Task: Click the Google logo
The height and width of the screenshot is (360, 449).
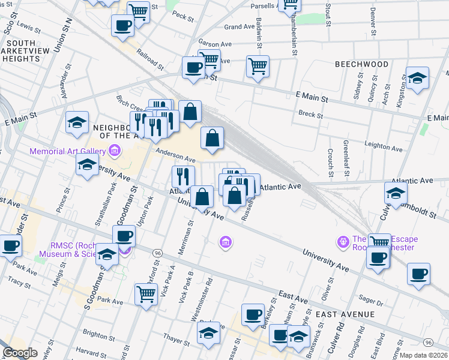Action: (x=20, y=353)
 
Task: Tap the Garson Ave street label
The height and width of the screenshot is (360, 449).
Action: (x=215, y=44)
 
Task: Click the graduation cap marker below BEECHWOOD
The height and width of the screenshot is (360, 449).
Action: (x=417, y=79)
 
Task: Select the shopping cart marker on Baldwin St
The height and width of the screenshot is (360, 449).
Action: (x=258, y=67)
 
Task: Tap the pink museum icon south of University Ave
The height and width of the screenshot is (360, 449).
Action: (x=226, y=242)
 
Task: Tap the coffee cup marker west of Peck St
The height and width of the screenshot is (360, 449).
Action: (x=123, y=26)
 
